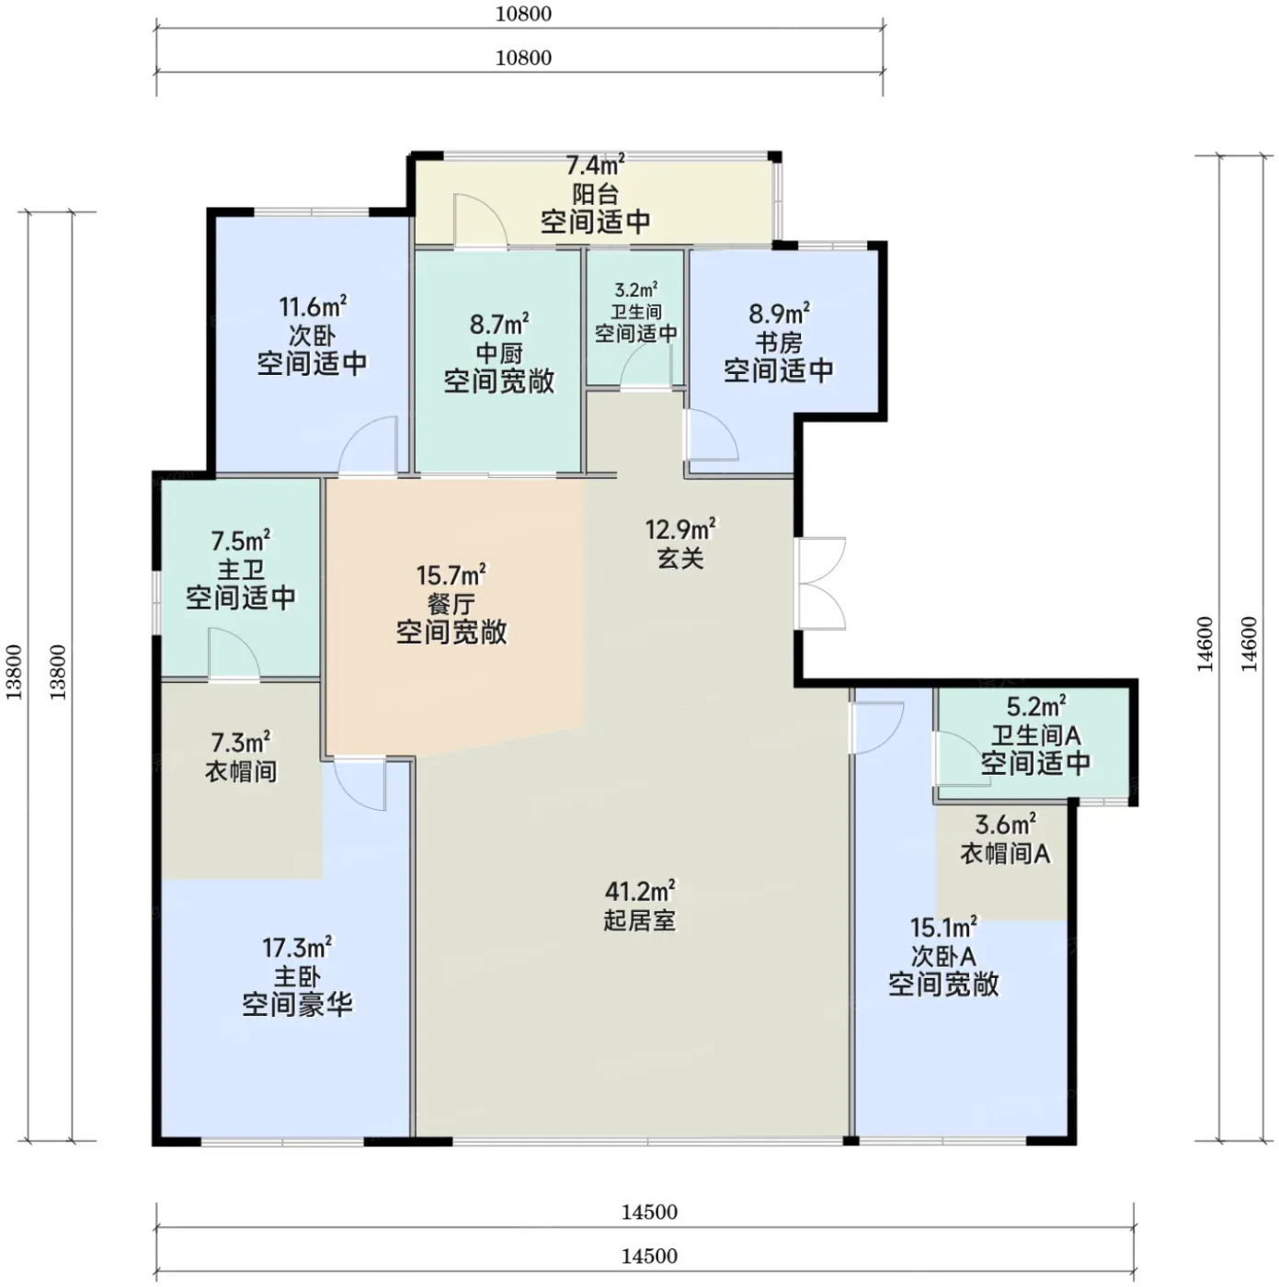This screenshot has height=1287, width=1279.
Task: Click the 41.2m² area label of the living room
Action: point(640,890)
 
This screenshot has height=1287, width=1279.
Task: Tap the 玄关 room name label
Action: point(679,558)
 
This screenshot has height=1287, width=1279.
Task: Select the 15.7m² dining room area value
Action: point(451,575)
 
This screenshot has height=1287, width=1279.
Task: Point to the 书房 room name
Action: point(779,343)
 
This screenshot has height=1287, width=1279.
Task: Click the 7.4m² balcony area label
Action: point(596,165)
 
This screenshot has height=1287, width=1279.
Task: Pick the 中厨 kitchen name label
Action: point(499,353)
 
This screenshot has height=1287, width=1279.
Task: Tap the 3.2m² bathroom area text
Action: point(635,290)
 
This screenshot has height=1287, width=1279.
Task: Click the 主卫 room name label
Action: point(241,569)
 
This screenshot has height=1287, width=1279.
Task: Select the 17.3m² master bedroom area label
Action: point(297,946)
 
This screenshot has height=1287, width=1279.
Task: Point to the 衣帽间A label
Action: point(1005,853)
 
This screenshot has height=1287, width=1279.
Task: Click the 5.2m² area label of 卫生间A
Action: point(1035,706)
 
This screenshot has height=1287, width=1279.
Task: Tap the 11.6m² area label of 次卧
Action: point(312,306)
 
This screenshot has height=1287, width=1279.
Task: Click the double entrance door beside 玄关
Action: point(821,583)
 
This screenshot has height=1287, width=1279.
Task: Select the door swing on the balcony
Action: point(480,221)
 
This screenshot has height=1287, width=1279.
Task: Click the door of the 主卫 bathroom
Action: point(234,654)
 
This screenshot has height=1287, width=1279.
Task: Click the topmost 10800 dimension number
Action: point(523,14)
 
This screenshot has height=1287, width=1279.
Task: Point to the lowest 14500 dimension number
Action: point(649,1256)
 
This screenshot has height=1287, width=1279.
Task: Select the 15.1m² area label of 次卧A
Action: point(943,927)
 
